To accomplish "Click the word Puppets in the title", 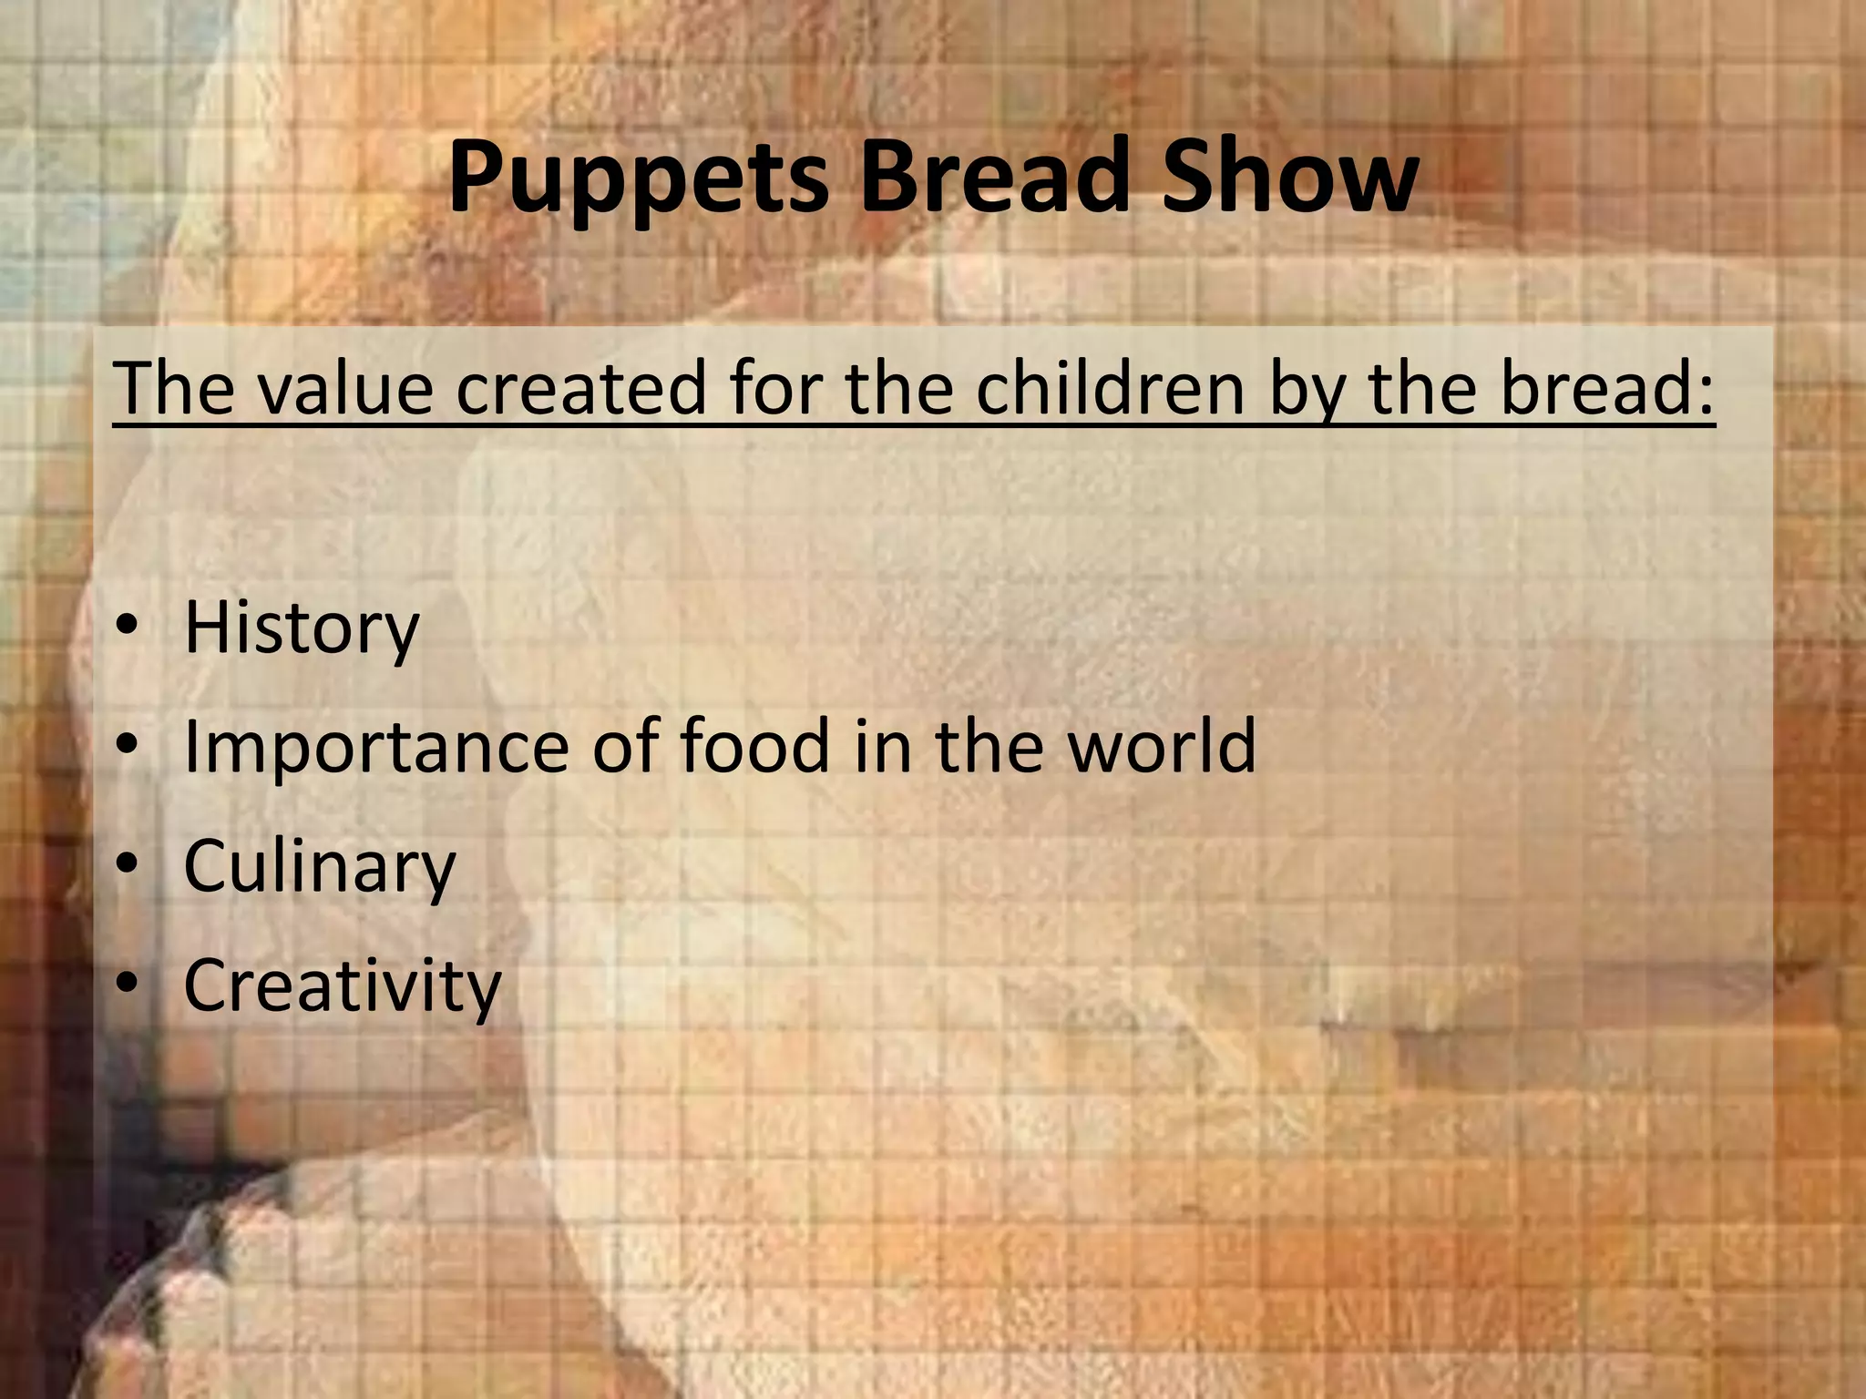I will (x=638, y=178).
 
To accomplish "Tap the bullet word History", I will (x=302, y=628).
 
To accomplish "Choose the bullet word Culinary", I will (x=319, y=866).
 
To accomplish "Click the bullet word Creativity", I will (x=342, y=985).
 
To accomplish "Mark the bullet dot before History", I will (x=128, y=626).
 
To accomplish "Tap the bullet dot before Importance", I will (x=128, y=745).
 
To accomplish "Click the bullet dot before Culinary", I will (x=128, y=864).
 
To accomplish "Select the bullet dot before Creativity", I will (x=128, y=984).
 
